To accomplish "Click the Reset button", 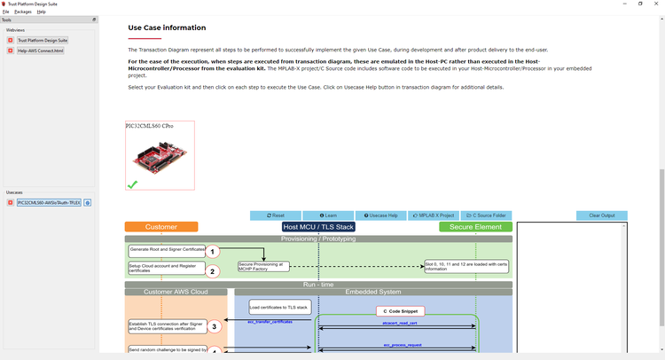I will [x=276, y=215].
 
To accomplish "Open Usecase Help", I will [x=381, y=215].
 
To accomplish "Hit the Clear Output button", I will [x=601, y=215].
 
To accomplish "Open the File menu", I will [x=6, y=12].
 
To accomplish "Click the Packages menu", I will [x=23, y=12].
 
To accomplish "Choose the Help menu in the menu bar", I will [x=42, y=12].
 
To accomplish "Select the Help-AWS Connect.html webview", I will [x=40, y=51].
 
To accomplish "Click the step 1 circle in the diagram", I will [x=213, y=252].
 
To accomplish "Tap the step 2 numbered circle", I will [x=213, y=270].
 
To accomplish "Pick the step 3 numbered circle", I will [x=213, y=326].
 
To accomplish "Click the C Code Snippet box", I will [x=400, y=311].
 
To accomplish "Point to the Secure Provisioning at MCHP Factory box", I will [x=263, y=266].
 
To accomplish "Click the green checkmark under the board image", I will [x=132, y=184].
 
